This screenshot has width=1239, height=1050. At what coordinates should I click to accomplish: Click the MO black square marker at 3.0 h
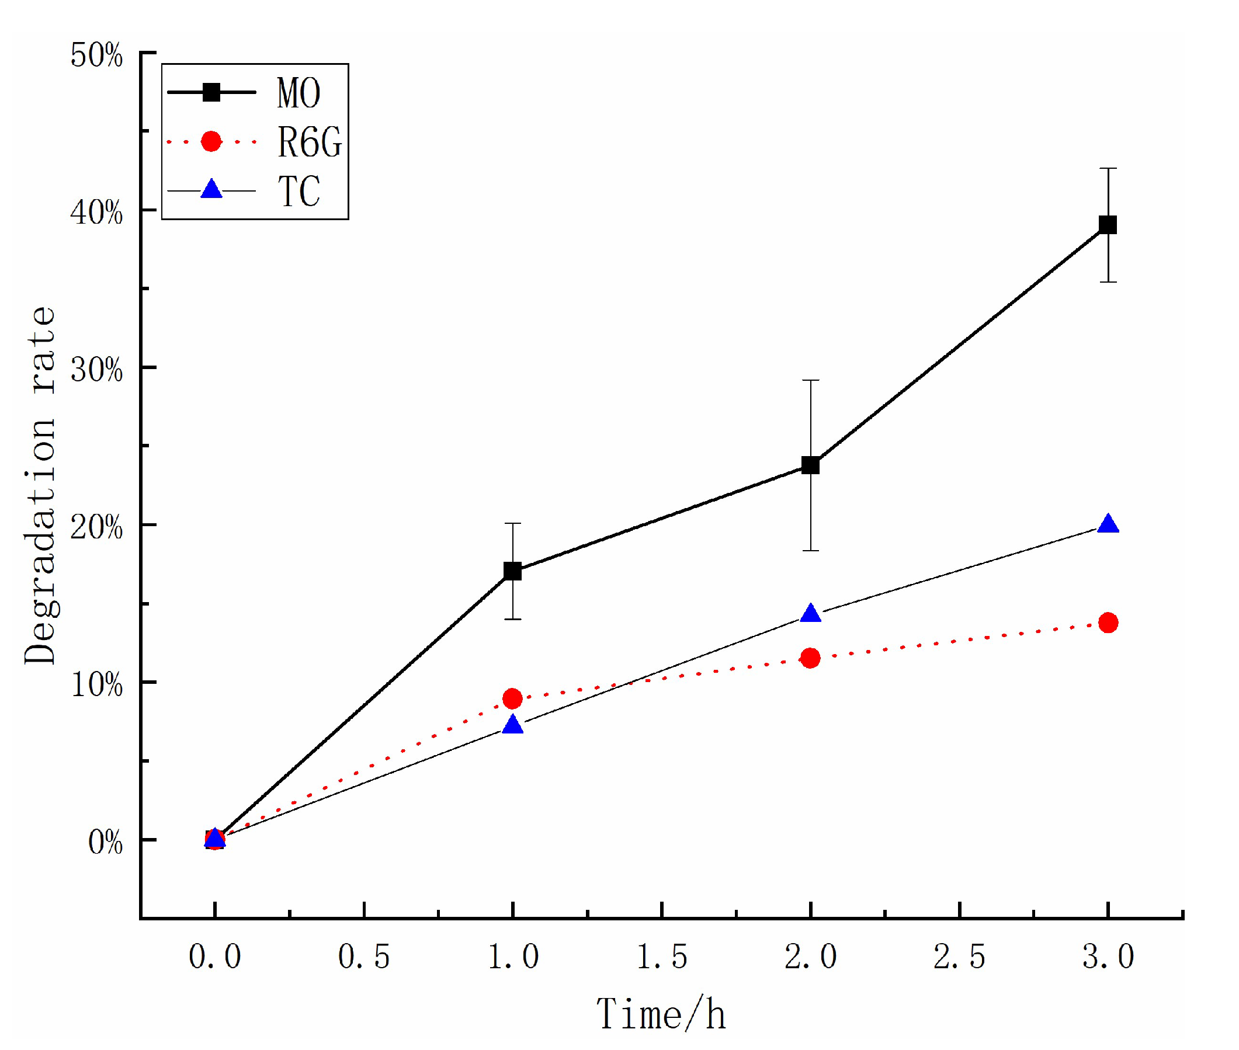pos(1108,225)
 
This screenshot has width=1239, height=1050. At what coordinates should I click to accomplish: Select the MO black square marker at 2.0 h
pos(810,465)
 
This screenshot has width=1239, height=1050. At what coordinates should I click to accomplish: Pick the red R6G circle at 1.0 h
pos(513,698)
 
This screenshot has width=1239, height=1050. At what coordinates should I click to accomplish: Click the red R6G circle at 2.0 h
pos(810,658)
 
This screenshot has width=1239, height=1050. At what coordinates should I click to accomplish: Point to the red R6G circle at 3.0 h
pos(1108,623)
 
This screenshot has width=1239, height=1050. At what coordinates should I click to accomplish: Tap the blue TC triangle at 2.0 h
pos(810,614)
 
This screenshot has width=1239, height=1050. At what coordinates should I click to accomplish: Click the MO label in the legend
pos(299,93)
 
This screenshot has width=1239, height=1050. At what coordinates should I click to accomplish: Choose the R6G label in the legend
pos(309,142)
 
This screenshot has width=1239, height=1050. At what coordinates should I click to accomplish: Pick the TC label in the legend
pos(299,191)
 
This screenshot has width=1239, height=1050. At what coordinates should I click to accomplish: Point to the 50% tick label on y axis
pos(96,56)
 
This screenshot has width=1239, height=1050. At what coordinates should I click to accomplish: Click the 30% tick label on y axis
pos(96,370)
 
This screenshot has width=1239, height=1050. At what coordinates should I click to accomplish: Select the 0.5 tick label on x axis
pos(364,957)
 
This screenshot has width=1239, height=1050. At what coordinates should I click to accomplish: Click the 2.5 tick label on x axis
pos(959,957)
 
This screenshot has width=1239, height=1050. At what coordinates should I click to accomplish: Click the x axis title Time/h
pos(661,1015)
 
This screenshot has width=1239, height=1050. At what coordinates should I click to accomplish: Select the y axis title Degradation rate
pos(40,485)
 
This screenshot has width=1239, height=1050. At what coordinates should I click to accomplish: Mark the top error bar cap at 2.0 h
pos(810,380)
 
